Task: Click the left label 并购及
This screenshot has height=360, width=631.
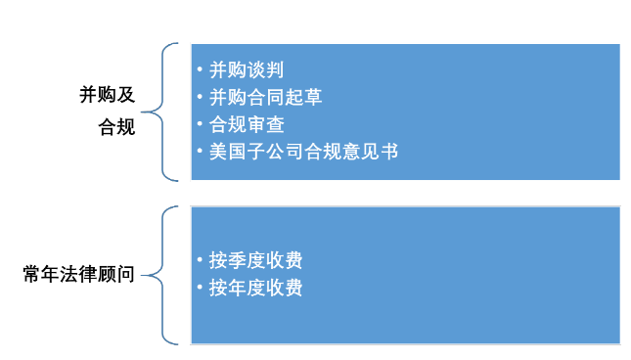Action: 108,96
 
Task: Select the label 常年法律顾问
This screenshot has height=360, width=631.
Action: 78,275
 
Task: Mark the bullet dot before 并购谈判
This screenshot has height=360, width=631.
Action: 200,70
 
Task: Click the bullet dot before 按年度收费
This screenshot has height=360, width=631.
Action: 200,289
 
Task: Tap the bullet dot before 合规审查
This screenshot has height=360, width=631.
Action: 200,125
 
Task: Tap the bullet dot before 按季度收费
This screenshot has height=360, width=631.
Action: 200,261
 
